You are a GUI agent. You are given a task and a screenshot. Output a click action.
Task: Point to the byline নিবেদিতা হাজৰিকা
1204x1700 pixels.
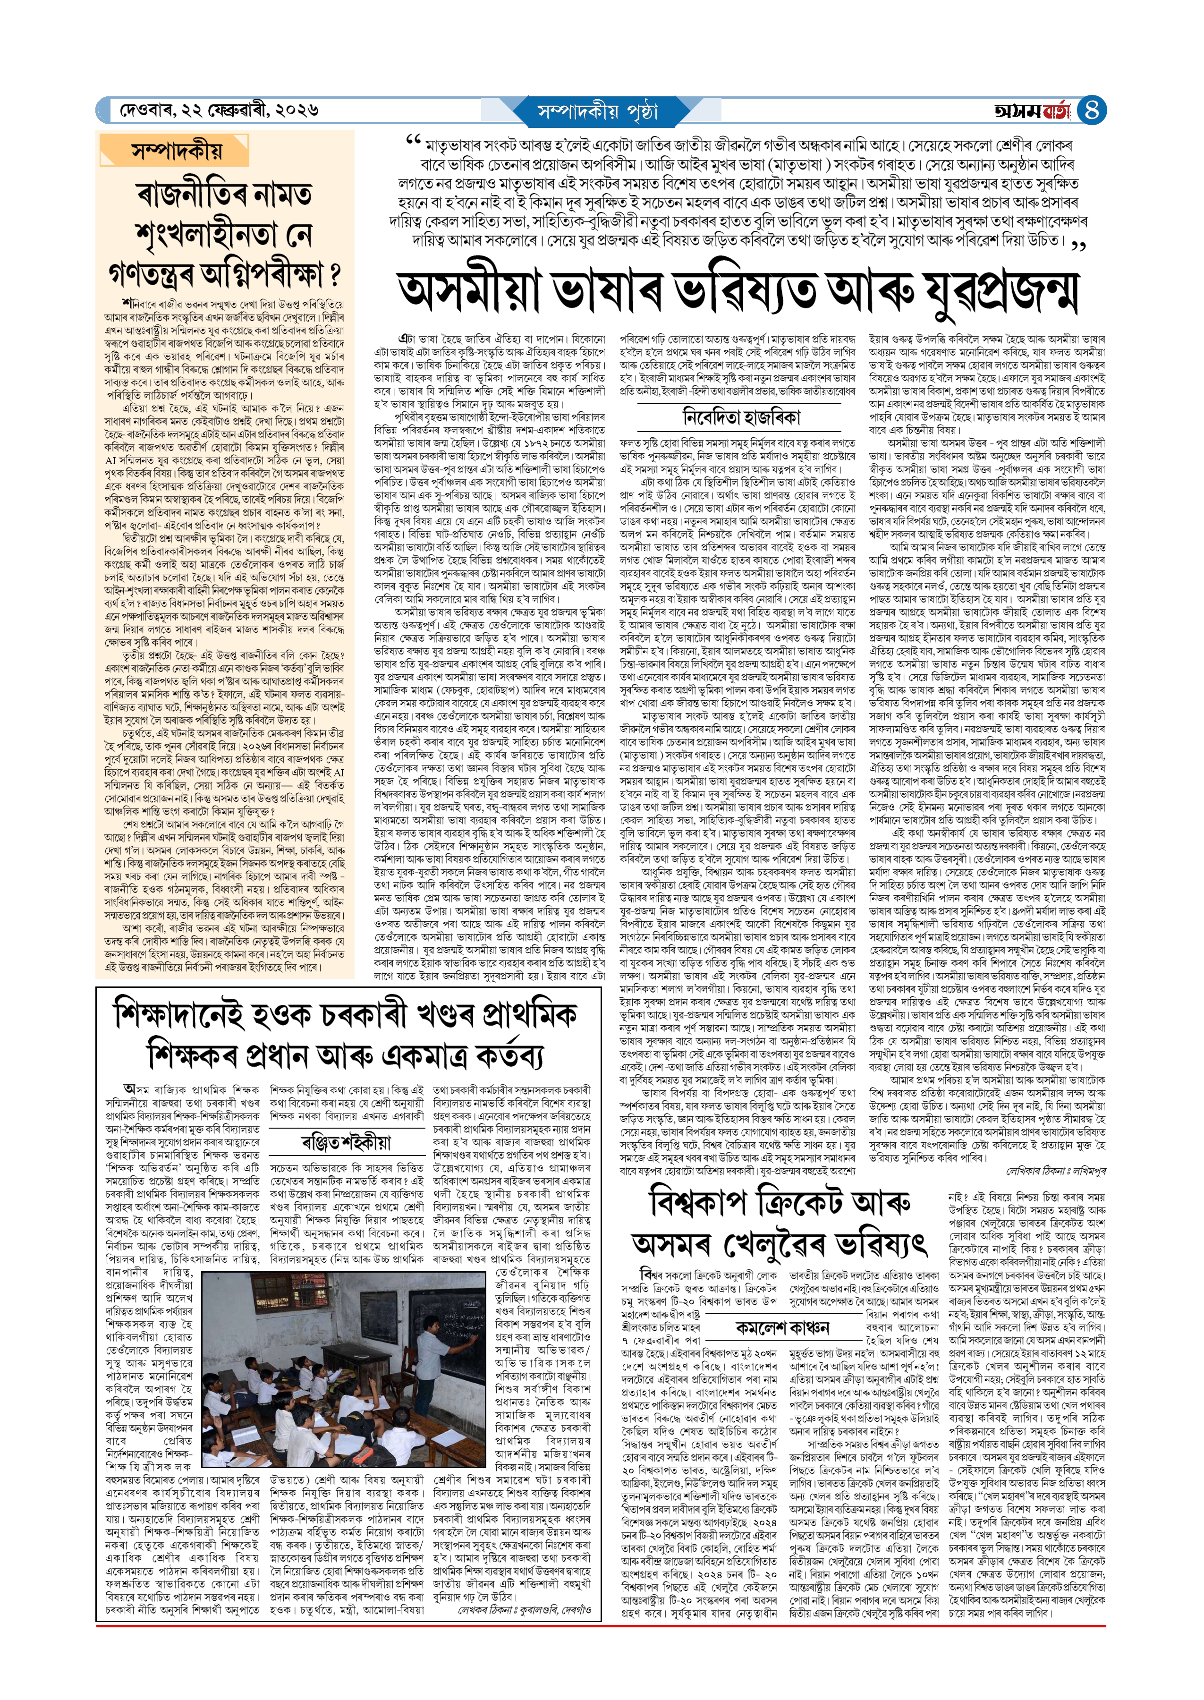(x=741, y=417)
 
